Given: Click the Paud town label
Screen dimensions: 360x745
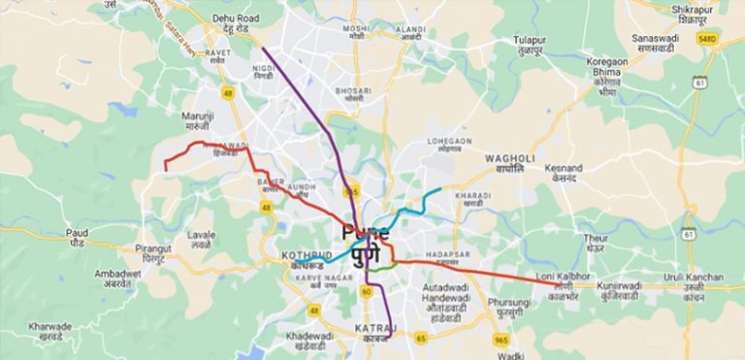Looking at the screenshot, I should pos(77,238).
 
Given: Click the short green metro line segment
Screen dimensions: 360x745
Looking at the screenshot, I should pos(385,265).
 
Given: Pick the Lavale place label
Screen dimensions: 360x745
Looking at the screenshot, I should pos(201,240).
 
